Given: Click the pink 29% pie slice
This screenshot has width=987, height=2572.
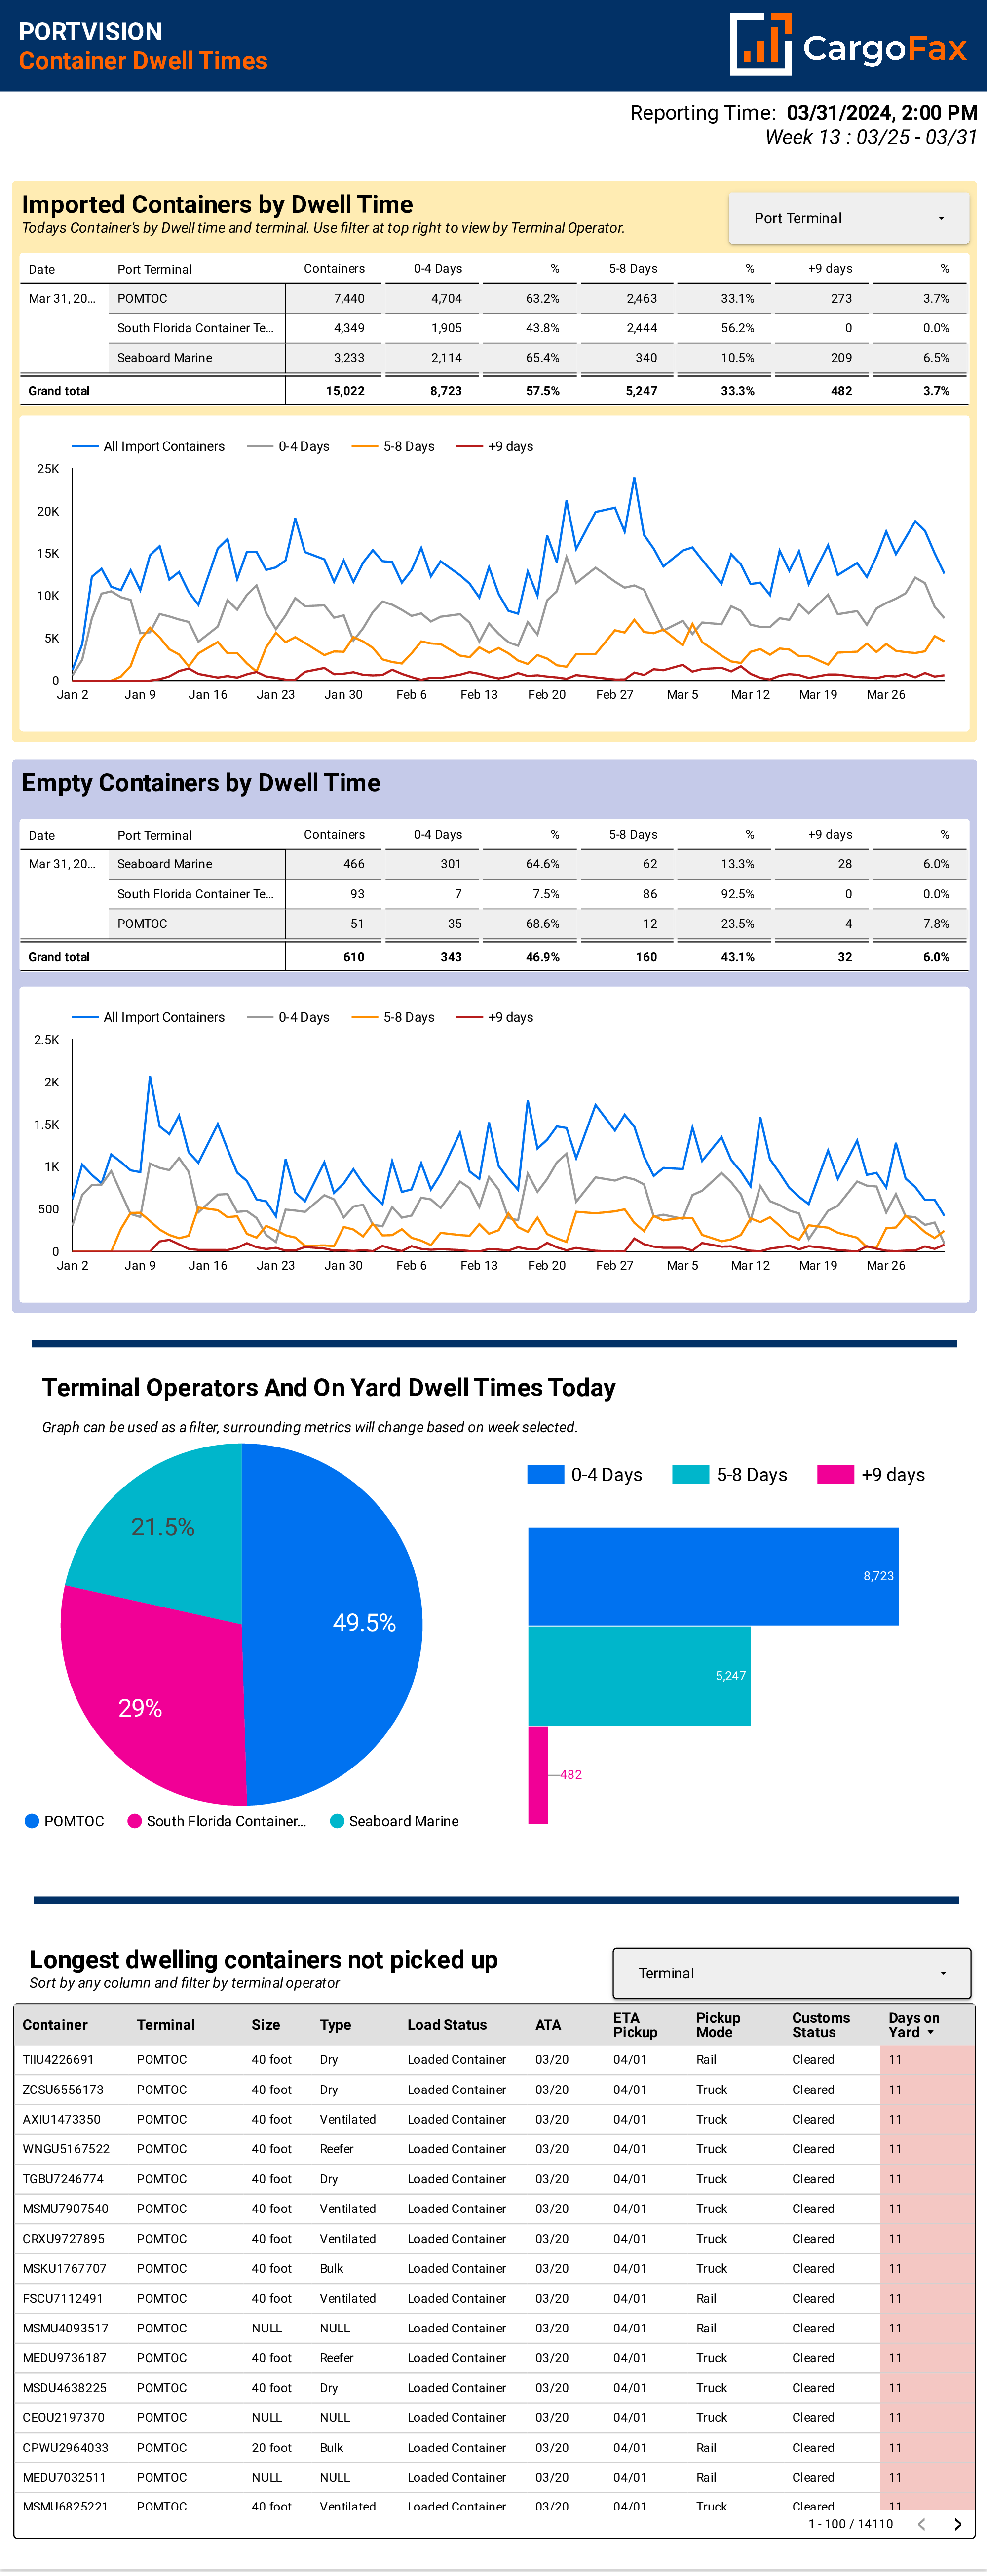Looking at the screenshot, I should tap(150, 1707).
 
